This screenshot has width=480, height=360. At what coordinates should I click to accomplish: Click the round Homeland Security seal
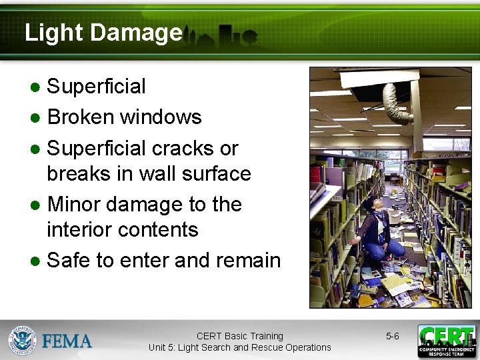[21, 340]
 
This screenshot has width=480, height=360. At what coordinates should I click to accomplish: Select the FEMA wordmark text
[67, 341]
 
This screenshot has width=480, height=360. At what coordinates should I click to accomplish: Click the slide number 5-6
[392, 337]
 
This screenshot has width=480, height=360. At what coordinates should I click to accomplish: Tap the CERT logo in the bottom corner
[446, 341]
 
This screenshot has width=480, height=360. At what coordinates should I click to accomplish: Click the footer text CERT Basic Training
[240, 336]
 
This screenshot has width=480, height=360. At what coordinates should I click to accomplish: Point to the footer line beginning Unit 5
[240, 347]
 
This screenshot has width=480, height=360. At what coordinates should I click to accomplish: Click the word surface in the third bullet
[218, 174]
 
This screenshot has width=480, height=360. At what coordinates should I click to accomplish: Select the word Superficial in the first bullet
[97, 87]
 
